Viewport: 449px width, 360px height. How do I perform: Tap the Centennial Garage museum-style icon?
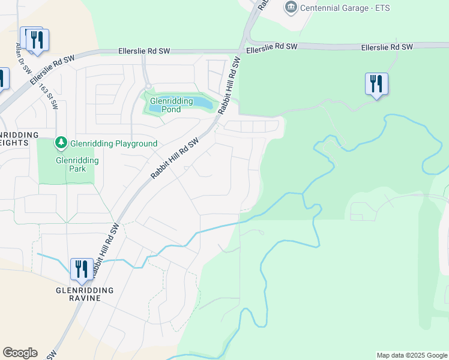point(291,8)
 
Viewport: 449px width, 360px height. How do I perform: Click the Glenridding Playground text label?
point(113,143)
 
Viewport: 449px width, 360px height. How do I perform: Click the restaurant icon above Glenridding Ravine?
point(82,269)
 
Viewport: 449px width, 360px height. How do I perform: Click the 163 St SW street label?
point(49,96)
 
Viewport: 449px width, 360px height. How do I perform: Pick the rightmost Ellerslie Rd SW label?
point(387,47)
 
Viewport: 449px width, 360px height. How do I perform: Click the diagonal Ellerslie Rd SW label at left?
point(53,69)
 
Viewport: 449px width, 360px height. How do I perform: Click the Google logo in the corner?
point(20,352)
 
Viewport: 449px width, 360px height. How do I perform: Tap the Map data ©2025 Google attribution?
point(411,355)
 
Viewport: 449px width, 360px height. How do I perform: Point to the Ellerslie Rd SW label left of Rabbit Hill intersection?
point(144,52)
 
